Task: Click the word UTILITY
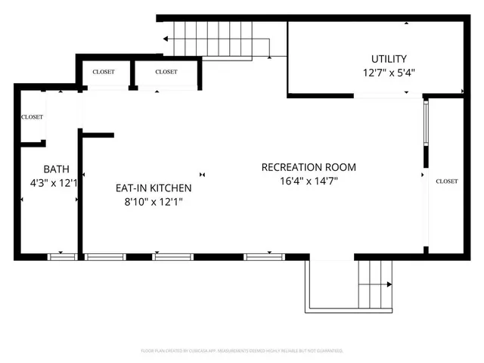[389, 59]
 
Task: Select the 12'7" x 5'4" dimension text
[389, 73]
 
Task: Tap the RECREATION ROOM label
[308, 167]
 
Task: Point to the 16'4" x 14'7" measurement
[308, 181]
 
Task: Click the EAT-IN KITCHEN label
[153, 188]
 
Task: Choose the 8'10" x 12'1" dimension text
[153, 202]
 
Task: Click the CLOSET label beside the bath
[33, 117]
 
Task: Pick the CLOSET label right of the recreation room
[446, 181]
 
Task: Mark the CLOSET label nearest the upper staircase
[166, 72]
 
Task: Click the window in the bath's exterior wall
[62, 257]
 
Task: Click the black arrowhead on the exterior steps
[389, 285]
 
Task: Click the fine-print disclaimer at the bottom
[242, 351]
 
